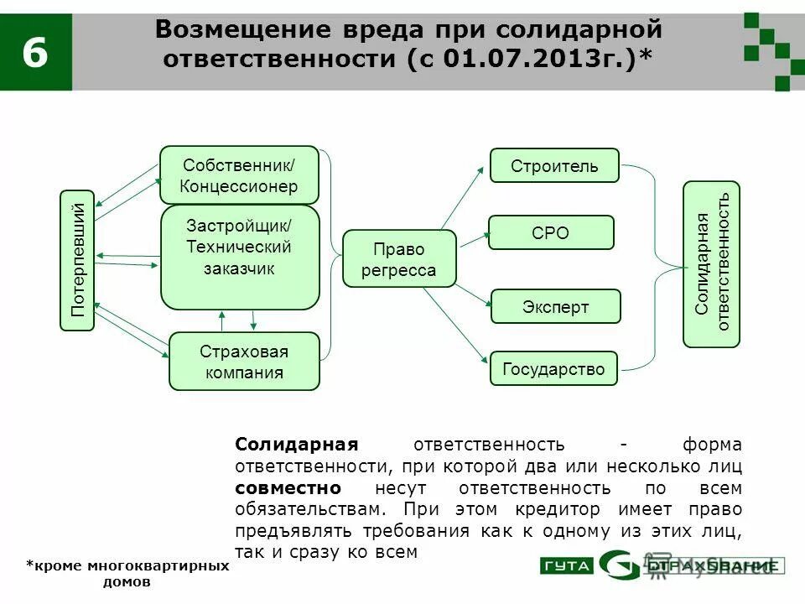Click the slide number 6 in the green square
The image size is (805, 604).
[x=34, y=52]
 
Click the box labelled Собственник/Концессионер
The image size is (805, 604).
[x=239, y=174]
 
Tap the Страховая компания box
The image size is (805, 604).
[x=244, y=362]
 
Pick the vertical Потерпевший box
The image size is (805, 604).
[x=78, y=260]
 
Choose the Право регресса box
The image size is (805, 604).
[x=399, y=259]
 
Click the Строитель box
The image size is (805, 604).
[x=554, y=165]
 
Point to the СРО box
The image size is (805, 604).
[x=551, y=232]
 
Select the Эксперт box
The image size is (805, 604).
[x=555, y=307]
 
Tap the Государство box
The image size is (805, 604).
[x=553, y=368]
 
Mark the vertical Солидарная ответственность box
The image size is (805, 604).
[x=712, y=263]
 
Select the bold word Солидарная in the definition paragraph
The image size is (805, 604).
[x=296, y=445]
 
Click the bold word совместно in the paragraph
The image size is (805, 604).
[x=288, y=488]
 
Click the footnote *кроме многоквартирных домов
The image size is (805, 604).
[x=127, y=574]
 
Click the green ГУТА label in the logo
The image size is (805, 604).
[x=567, y=566]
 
